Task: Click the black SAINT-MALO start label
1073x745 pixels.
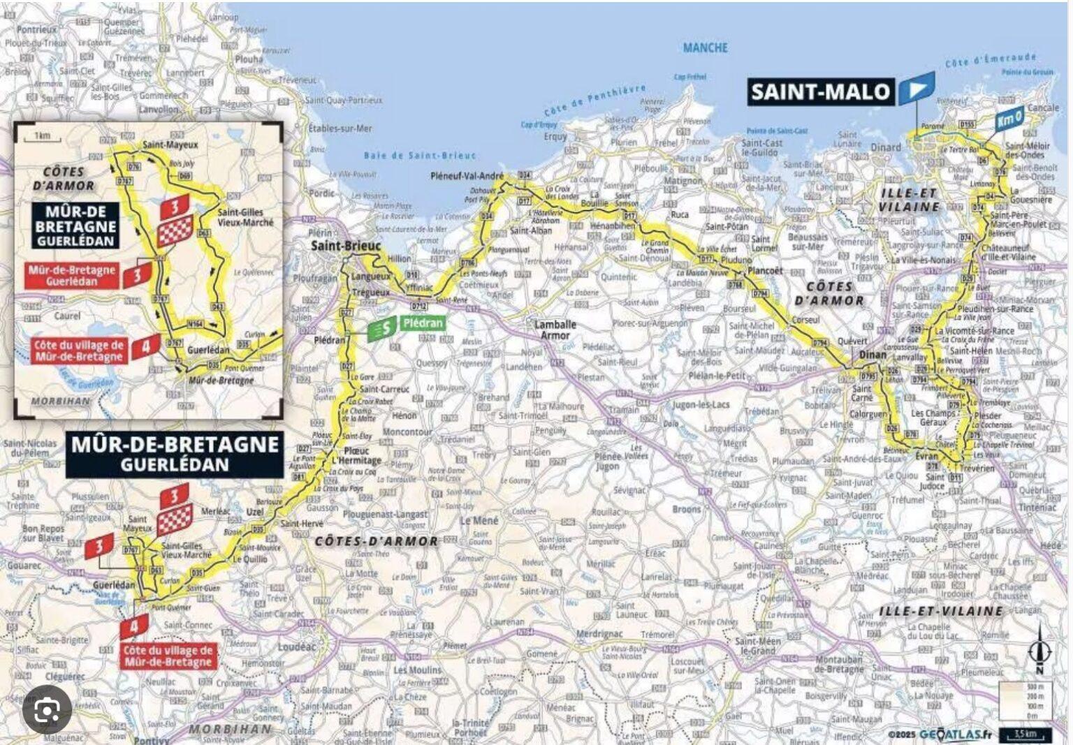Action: point(820,91)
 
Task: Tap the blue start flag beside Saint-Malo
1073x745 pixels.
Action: point(916,88)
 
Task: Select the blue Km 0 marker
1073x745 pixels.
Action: point(1010,119)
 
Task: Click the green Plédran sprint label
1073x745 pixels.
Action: point(423,323)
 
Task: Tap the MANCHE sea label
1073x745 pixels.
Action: point(705,47)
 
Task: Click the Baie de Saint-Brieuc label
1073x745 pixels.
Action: point(420,155)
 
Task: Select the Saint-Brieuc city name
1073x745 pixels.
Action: point(346,245)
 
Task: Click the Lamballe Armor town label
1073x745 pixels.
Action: point(555,330)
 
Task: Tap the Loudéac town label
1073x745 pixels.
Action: point(297,647)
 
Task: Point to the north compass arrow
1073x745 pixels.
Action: point(1039,649)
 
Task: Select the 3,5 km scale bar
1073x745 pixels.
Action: point(1025,735)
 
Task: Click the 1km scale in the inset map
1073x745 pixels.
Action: point(42,135)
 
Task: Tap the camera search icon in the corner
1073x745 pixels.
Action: point(47,710)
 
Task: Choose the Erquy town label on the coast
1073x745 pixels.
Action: point(555,137)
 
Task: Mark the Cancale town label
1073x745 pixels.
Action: point(1043,108)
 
